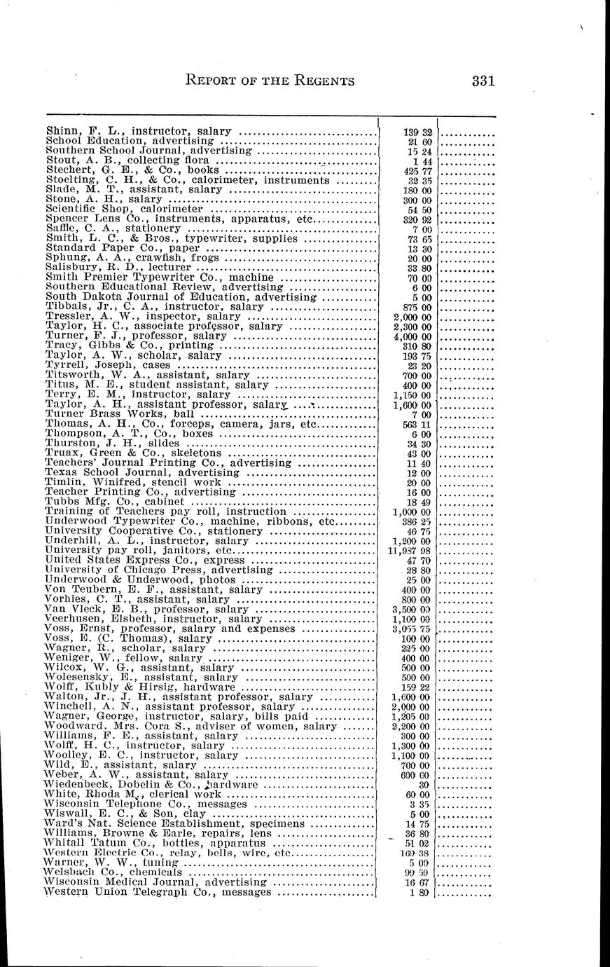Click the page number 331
(483, 81)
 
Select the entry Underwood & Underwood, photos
(139, 579)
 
